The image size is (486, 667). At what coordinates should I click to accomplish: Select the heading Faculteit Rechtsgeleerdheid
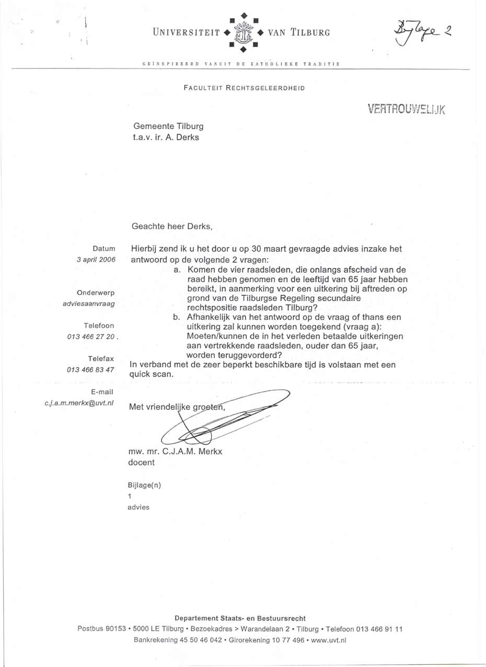tap(244, 88)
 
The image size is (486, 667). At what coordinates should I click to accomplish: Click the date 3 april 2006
tap(96, 259)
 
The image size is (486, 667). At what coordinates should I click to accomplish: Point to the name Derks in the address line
tap(188, 137)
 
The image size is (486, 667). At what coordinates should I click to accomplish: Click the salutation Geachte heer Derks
tap(171, 226)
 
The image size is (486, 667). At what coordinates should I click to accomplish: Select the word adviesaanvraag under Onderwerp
tap(88, 303)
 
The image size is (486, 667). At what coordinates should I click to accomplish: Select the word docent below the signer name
tap(141, 462)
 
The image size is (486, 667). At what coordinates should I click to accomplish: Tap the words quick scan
tap(151, 374)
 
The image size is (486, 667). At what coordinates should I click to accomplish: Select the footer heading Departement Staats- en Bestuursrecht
tap(240, 618)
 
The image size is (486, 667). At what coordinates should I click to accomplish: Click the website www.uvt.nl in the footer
tap(329, 639)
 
